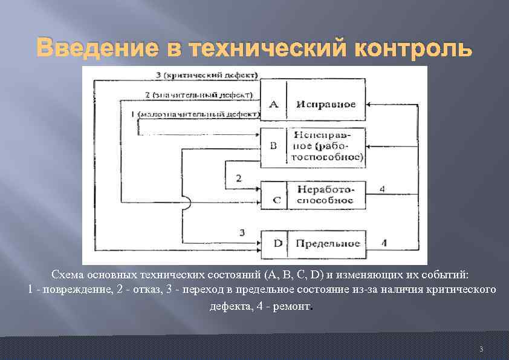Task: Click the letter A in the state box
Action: pos(273,104)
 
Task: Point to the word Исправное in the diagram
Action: pos(326,104)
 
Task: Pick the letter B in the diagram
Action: pos(273,145)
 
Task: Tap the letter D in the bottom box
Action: pos(277,244)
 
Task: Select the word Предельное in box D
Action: pos(328,244)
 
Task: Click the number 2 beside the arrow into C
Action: pos(239,178)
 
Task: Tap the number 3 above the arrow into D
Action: pos(242,232)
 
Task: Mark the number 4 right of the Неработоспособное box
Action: pos(382,189)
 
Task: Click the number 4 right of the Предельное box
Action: pos(384,243)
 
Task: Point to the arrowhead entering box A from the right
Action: pos(371,105)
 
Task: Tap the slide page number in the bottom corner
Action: pos(481,349)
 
